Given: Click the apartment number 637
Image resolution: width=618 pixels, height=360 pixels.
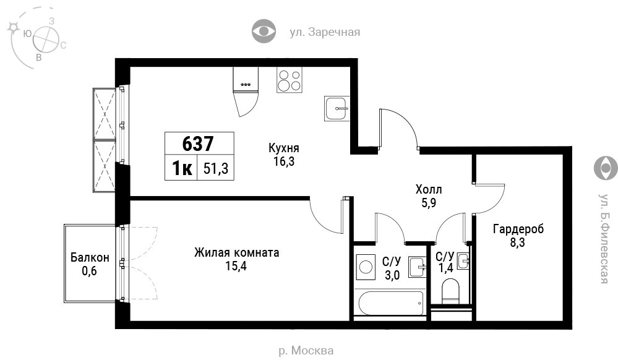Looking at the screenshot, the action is (x=198, y=144).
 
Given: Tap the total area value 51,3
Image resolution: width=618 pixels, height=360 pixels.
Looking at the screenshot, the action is (x=216, y=169).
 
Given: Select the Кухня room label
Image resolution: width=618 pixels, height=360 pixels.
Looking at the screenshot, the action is (x=284, y=148).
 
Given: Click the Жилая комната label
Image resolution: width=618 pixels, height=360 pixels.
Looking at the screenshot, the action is (x=236, y=252).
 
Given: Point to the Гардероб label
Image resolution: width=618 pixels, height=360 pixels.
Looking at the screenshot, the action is (x=518, y=229).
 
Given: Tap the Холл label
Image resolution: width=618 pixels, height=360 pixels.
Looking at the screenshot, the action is (x=429, y=189).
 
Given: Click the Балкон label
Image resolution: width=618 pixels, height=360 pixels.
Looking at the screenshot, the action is (x=90, y=257).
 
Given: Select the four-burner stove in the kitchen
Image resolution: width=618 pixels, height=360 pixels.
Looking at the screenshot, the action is (x=290, y=80).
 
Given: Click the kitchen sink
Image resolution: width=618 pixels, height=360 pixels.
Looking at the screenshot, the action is (x=337, y=108).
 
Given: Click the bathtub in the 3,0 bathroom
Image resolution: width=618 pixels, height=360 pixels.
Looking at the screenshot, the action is (x=391, y=303).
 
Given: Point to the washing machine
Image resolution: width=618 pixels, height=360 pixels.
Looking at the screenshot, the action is (x=366, y=267).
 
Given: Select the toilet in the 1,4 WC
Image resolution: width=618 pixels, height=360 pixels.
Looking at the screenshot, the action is (x=451, y=291).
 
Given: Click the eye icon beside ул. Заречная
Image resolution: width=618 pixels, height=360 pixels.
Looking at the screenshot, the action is (x=264, y=31).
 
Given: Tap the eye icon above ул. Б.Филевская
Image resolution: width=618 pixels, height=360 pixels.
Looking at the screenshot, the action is (x=606, y=168).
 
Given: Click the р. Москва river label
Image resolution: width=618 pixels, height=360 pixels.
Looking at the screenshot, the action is (x=306, y=350).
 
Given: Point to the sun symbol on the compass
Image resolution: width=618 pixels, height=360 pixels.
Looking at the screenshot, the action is (x=14, y=27).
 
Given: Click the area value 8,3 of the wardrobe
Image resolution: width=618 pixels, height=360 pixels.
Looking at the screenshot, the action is (x=518, y=242).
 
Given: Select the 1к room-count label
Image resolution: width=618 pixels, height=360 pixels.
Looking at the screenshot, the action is (x=182, y=168).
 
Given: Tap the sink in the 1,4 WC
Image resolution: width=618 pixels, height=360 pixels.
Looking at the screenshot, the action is (x=463, y=261).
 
